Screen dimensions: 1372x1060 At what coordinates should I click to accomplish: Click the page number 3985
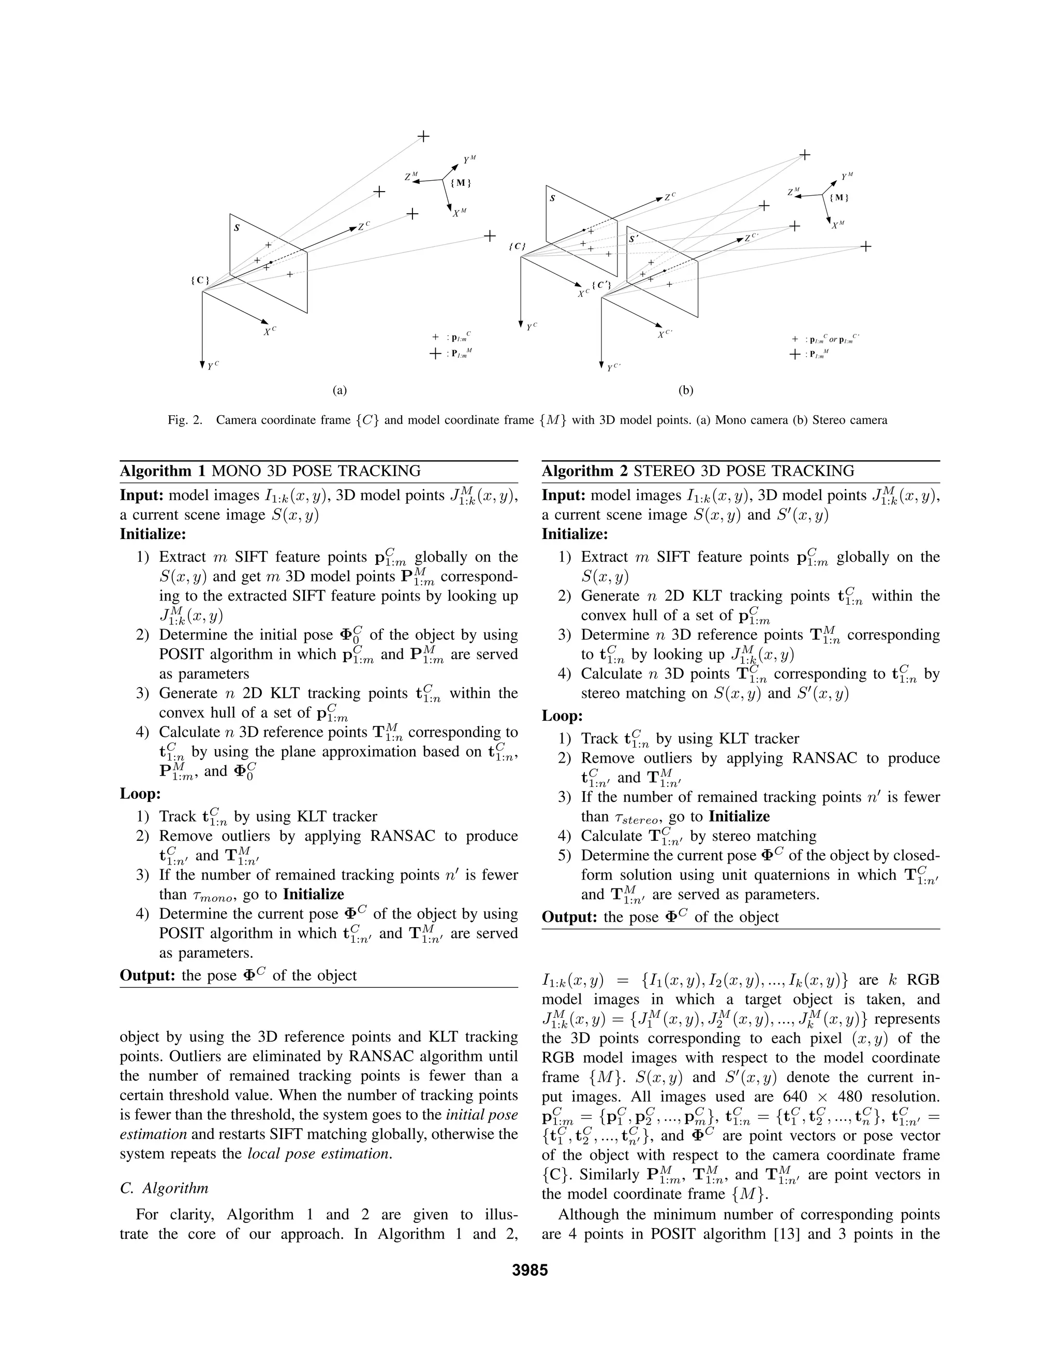[529, 1270]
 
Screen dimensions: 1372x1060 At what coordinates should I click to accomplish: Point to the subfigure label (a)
[340, 390]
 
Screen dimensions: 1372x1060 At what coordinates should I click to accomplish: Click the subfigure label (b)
[686, 390]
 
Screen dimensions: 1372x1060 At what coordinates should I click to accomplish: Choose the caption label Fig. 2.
[185, 420]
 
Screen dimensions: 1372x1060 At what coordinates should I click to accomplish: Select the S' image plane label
[634, 239]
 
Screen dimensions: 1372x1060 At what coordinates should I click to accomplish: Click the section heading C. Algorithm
[164, 1188]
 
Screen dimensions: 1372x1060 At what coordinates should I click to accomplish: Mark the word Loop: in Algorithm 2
[563, 716]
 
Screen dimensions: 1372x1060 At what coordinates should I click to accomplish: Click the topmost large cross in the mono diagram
[424, 136]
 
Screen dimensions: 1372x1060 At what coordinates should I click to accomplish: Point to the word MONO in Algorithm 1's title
[235, 471]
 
